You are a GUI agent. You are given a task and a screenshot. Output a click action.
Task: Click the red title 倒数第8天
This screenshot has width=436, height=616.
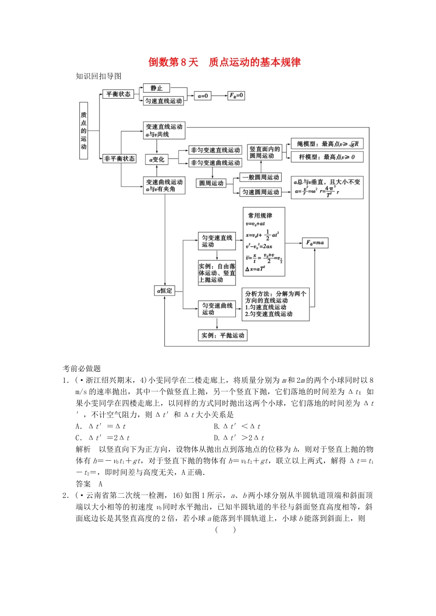click(173, 62)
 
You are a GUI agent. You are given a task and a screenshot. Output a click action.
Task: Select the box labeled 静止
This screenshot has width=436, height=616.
click(157, 88)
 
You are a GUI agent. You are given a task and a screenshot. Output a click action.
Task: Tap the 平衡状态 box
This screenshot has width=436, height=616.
click(118, 94)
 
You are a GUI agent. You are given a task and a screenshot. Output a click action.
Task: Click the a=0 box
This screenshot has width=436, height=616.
click(203, 96)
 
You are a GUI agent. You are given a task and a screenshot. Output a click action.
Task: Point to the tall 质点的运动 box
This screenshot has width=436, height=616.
click(84, 131)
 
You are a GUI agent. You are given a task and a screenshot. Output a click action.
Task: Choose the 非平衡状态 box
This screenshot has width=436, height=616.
click(119, 159)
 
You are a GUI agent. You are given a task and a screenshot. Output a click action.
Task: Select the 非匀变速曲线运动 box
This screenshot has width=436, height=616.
click(215, 163)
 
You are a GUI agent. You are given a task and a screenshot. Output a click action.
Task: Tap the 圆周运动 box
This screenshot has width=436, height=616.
click(211, 183)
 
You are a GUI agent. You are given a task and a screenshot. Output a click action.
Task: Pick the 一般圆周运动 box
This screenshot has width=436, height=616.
click(261, 177)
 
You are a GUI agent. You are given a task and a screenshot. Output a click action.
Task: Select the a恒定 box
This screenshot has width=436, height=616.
click(165, 291)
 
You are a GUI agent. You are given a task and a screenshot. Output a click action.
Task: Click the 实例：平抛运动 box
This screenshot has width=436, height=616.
click(223, 335)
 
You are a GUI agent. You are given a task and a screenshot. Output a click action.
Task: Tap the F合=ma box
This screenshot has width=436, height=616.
click(315, 242)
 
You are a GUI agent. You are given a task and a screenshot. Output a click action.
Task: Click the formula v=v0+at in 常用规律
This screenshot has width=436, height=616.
click(256, 224)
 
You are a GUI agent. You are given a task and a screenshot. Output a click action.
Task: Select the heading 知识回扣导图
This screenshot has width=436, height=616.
click(99, 76)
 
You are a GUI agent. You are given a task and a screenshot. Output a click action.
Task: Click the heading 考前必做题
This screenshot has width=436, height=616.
click(82, 368)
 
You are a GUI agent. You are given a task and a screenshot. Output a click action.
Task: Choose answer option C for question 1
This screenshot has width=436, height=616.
click(103, 438)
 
